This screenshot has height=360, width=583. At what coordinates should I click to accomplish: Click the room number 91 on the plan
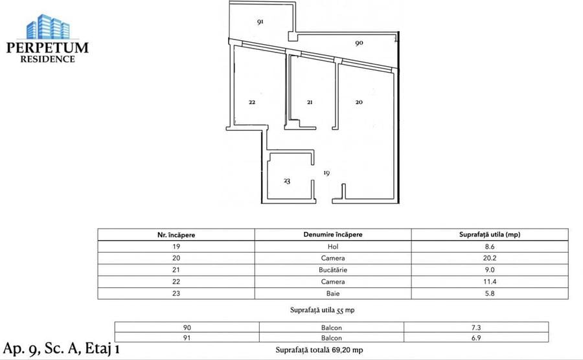[x=260, y=21]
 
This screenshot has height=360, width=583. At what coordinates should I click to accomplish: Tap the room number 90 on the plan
[x=359, y=43]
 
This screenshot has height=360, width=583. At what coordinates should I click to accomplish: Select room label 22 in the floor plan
[x=252, y=102]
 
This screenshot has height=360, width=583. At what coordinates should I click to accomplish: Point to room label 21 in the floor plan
[x=310, y=102]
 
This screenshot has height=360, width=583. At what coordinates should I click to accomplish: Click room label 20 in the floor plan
[x=359, y=102]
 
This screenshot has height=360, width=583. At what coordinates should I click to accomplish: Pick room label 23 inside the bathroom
[x=287, y=181]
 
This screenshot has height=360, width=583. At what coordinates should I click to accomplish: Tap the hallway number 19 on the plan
[x=327, y=173]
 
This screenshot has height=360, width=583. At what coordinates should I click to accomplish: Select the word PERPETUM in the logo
[x=47, y=47]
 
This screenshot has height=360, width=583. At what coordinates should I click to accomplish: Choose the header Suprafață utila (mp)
[x=490, y=234]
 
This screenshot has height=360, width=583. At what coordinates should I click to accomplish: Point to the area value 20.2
[x=490, y=258]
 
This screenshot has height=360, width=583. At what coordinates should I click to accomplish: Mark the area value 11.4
[x=490, y=282]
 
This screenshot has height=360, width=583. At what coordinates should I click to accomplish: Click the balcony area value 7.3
[x=476, y=328]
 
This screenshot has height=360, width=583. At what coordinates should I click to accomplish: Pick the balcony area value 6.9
[x=476, y=339]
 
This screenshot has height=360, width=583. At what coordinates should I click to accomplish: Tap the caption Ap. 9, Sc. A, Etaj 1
[x=61, y=349]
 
